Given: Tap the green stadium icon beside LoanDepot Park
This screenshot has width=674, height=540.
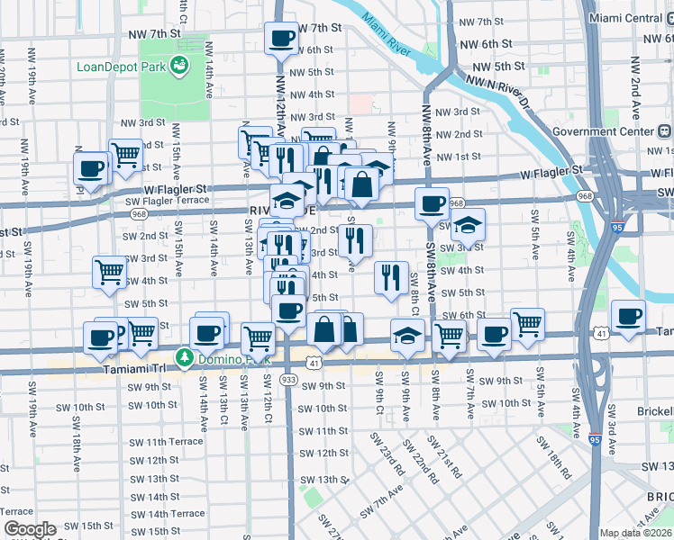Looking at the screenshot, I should [179, 65].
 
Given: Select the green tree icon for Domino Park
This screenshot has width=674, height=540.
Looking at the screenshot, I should [185, 358].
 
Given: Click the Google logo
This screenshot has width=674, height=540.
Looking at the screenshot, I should [29, 529].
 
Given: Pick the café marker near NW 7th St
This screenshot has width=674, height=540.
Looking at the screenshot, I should [281, 39].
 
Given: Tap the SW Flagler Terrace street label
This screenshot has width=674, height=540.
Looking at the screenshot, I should [167, 200].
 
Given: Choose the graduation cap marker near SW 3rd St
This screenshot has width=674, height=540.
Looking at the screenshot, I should [468, 225].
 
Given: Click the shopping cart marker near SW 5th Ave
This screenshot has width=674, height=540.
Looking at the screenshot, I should [527, 323].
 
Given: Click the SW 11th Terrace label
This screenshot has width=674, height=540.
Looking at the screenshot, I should [163, 442].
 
